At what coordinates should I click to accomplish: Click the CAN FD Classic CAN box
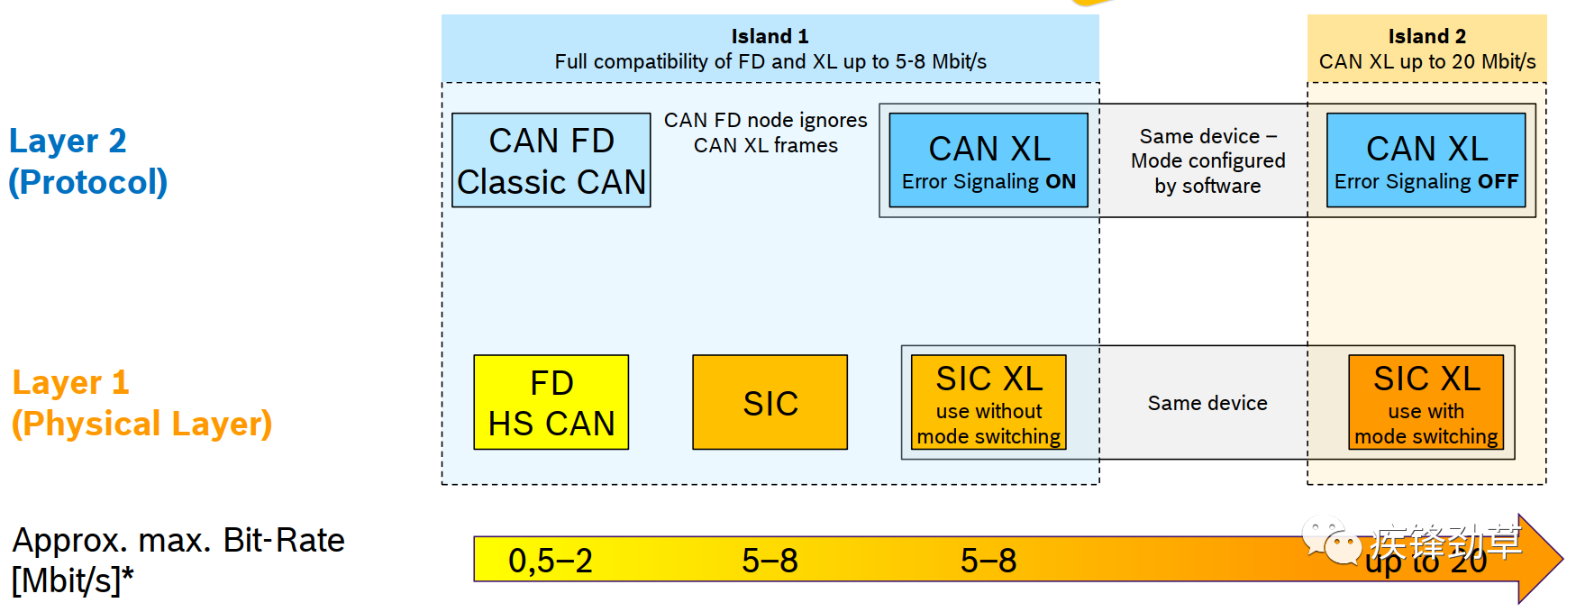point(551,160)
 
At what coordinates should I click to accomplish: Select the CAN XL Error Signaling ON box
point(988,160)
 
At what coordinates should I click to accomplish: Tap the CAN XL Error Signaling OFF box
point(1426,160)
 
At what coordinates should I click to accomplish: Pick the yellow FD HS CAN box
point(551,402)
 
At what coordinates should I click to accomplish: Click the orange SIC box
point(770,402)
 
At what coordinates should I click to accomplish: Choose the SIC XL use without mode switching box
point(988,402)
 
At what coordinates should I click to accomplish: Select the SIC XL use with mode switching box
point(1426,402)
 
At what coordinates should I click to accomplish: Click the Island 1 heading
point(770,36)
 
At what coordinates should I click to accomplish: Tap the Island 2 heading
point(1426,36)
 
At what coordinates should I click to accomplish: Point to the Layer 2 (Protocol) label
point(87,161)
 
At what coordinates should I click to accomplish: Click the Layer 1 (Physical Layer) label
point(141,403)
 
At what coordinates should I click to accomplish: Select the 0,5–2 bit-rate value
point(551,561)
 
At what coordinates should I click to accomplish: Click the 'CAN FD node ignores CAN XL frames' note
point(765,132)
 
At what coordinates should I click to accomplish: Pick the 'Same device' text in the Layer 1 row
point(1207,403)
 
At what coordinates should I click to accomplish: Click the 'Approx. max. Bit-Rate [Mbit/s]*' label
point(178,560)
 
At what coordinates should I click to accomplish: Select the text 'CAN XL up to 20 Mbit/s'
point(1426,61)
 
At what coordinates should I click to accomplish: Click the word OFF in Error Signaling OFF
point(1498,182)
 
